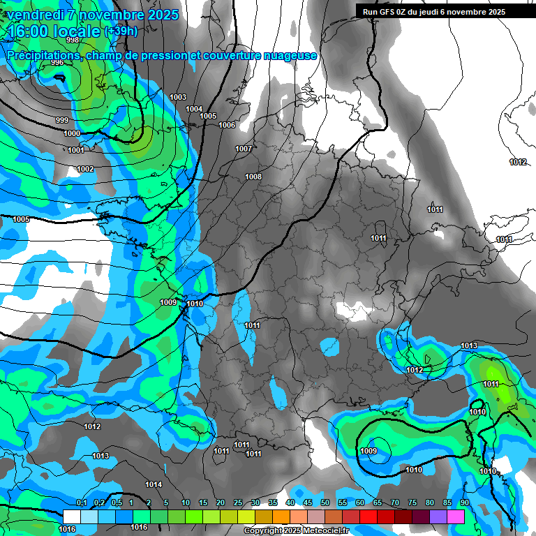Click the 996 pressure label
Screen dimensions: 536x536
pos(57,63)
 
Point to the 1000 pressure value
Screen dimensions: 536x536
pos(72,133)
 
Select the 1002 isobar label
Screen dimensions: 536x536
pos(85,169)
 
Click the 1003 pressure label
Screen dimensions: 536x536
pos(178,97)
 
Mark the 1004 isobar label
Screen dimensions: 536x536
pos(194,109)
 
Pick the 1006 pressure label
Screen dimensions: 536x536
pos(227,125)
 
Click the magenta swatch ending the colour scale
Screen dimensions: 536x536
pos(456,516)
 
